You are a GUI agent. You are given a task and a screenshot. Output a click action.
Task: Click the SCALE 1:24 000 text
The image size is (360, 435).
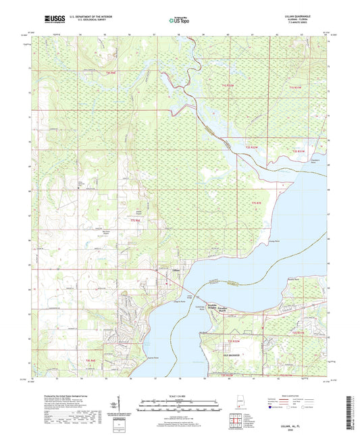tap(180, 397)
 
